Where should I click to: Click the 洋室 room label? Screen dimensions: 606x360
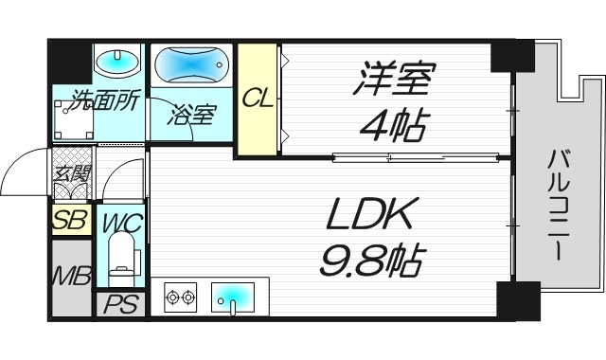click(x=393, y=81)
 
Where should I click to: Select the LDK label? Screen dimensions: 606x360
click(x=371, y=217)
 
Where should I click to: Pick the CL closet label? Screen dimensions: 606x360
click(x=258, y=98)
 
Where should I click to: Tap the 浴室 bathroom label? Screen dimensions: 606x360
click(x=192, y=116)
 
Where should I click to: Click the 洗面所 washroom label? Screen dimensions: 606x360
click(x=98, y=100)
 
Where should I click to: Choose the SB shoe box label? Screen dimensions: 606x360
click(x=70, y=221)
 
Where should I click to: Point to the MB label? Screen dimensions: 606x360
click(x=69, y=279)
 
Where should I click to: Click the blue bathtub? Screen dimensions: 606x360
click(x=192, y=68)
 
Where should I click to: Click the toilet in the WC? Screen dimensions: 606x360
click(x=122, y=261)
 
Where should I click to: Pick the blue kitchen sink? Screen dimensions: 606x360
click(x=232, y=297)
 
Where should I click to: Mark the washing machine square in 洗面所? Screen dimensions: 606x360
click(x=71, y=120)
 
